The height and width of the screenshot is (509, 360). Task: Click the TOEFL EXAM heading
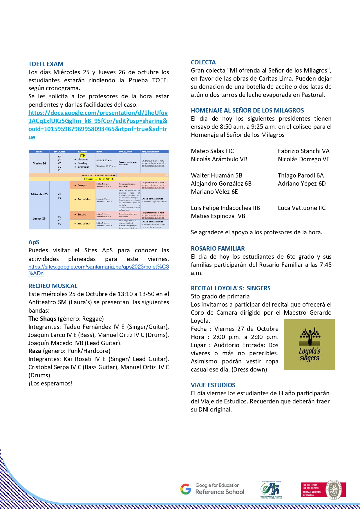(x=46, y=64)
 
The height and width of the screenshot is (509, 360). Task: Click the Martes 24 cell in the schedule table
(x=39, y=163)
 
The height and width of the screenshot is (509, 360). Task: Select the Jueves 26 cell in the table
(x=39, y=218)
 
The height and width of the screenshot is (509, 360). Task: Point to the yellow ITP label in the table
(x=82, y=156)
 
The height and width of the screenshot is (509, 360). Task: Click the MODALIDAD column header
(x=125, y=151)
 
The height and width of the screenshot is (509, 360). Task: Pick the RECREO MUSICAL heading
(x=53, y=286)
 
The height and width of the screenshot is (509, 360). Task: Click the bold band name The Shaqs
(x=42, y=319)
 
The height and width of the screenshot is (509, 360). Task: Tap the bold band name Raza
(x=35, y=351)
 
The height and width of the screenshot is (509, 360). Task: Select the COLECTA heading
(x=203, y=62)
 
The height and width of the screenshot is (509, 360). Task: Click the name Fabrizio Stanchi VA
(x=303, y=151)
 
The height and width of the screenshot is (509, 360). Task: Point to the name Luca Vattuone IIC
(x=301, y=208)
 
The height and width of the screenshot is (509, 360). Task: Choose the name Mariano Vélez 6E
(x=214, y=192)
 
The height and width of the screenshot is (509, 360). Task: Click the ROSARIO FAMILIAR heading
(x=218, y=249)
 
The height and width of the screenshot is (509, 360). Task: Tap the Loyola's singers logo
(x=310, y=345)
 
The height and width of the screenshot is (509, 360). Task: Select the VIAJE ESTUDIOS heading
(x=213, y=385)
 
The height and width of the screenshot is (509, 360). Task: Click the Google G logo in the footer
(x=186, y=489)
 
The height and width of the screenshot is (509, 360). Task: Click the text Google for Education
(x=217, y=485)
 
